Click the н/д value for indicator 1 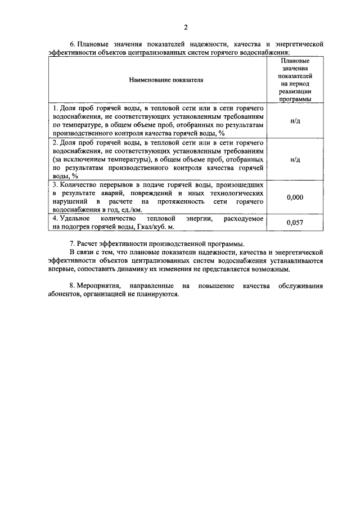pyautogui.click(x=295, y=121)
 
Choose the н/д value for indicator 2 pyautogui.click(x=295, y=159)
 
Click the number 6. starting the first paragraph pyautogui.click(x=72, y=43)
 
